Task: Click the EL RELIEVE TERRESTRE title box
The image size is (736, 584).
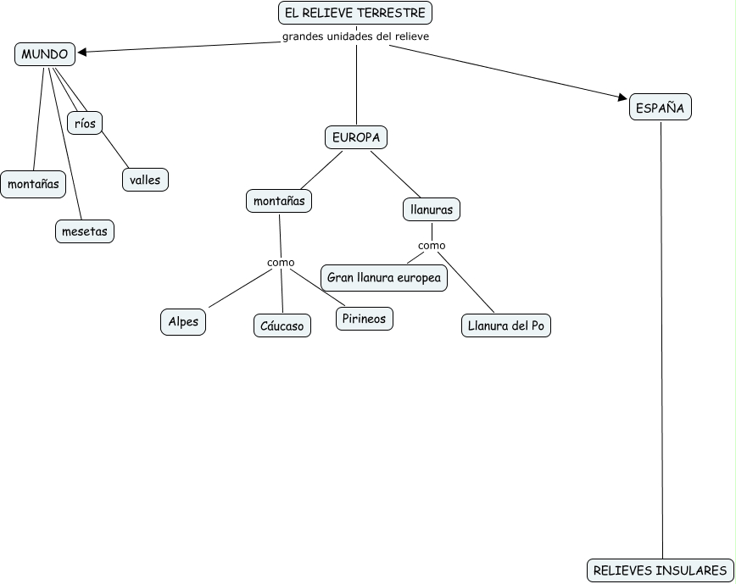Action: (355, 14)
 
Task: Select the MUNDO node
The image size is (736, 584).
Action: (45, 54)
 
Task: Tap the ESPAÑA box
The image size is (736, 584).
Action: (660, 108)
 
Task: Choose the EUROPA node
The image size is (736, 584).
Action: (356, 137)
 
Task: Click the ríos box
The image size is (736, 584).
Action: (85, 123)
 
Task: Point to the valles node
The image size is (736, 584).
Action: (145, 180)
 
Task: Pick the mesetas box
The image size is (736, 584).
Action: (85, 231)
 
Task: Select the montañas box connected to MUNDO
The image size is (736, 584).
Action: (33, 183)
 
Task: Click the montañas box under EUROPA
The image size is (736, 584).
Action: (279, 202)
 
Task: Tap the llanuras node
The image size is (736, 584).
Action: (431, 209)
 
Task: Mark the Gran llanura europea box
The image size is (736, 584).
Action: (384, 278)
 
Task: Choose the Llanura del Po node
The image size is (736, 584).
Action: (506, 325)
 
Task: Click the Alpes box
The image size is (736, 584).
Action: (183, 322)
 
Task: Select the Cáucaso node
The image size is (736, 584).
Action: (282, 325)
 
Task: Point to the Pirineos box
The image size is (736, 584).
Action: (365, 319)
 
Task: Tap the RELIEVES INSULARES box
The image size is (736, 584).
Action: (660, 570)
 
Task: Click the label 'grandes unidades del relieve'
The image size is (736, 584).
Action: (355, 36)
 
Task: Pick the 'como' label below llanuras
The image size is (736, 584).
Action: (432, 246)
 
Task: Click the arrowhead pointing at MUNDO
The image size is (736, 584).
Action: (82, 53)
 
